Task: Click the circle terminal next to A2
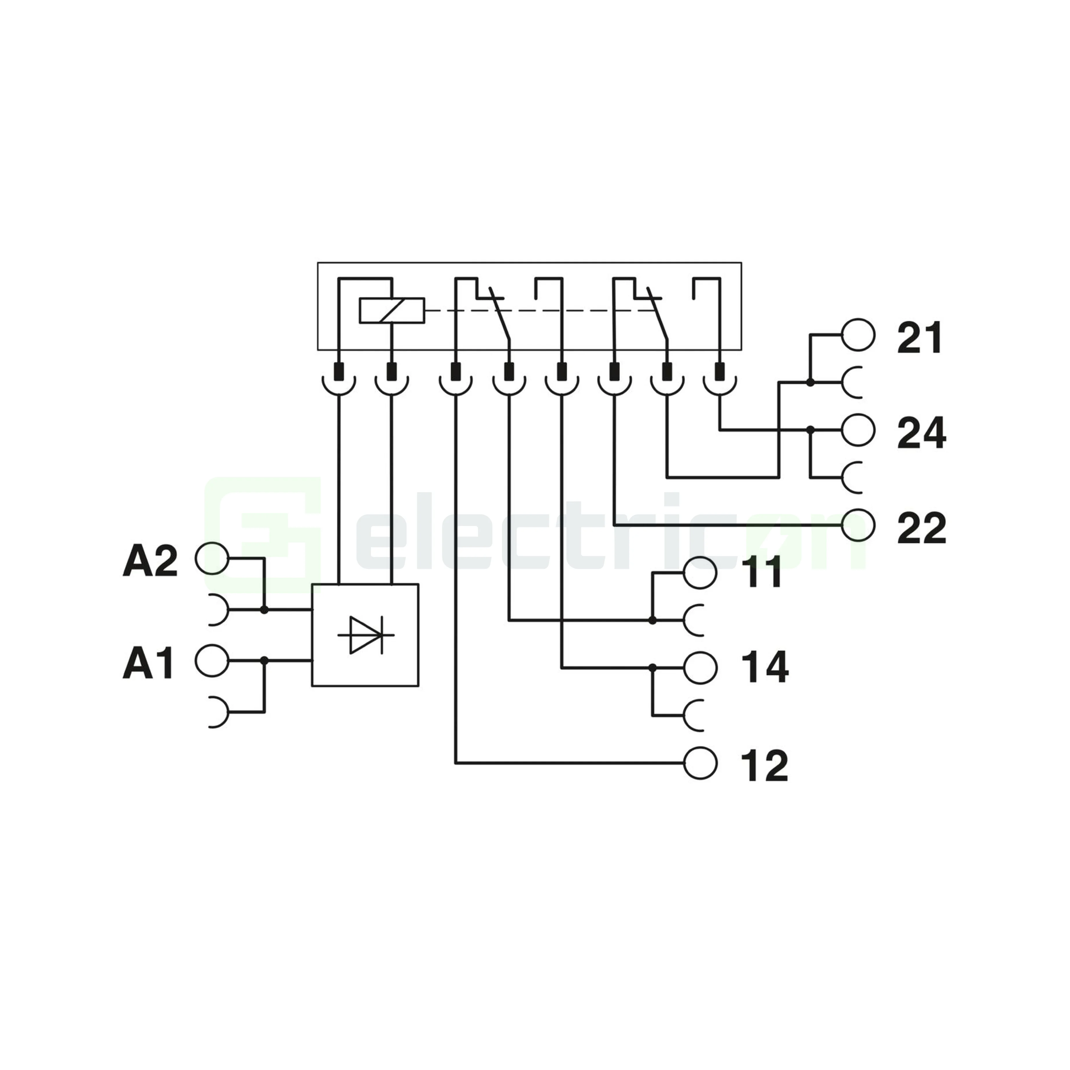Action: point(212,558)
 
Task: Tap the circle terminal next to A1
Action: point(212,660)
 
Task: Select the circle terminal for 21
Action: point(858,335)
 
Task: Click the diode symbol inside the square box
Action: point(366,635)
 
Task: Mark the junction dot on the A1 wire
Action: point(264,660)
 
